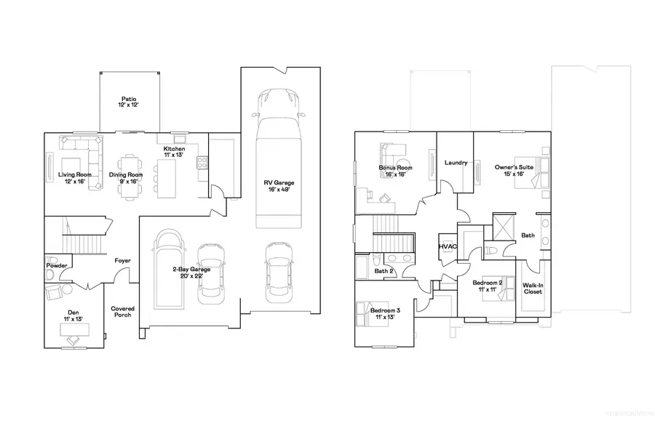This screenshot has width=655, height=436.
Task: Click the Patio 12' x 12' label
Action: (x=129, y=102)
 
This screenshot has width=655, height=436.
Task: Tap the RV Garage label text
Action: (x=279, y=185)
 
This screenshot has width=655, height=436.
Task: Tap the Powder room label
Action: (x=57, y=266)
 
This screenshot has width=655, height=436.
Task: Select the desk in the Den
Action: (x=74, y=329)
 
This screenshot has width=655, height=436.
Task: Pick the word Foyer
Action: (x=122, y=260)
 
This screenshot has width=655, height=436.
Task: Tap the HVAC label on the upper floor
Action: (x=446, y=247)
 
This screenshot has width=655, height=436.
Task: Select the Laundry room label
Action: (x=456, y=163)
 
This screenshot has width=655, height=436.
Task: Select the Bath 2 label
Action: (x=384, y=272)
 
